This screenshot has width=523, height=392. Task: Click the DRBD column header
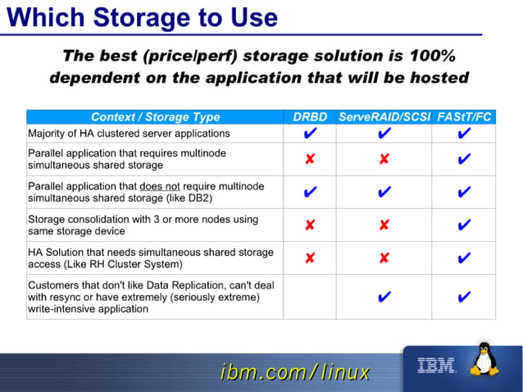coord(310,117)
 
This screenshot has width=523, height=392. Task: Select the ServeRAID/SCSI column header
coord(384,117)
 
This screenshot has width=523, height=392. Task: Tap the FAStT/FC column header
coord(465,117)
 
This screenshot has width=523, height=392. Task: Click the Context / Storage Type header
coord(155,117)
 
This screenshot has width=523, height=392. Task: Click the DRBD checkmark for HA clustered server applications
coord(310,134)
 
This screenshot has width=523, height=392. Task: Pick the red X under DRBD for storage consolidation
coord(310,225)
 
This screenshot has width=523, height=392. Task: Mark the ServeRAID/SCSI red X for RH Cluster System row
coord(384,258)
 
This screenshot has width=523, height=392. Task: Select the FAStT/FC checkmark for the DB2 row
coord(465,192)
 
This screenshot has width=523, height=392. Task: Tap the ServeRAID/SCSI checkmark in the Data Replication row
coord(384,297)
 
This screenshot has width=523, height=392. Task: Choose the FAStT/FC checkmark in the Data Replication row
coord(465,297)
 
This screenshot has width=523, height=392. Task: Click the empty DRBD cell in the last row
coord(310,297)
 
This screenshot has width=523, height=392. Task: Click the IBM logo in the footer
coord(436,366)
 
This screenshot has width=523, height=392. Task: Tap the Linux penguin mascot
coord(486,361)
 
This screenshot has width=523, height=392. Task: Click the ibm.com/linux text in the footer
coord(295,373)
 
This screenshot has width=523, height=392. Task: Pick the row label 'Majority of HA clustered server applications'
coord(129,134)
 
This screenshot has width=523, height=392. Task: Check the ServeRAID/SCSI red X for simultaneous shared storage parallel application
coord(384,159)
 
